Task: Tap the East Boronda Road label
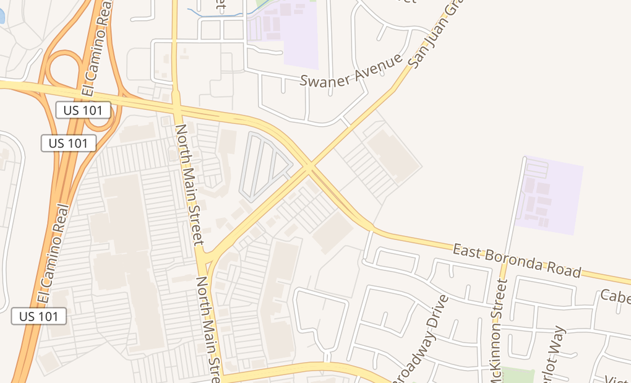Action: (517, 260)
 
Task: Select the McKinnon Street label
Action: (497, 331)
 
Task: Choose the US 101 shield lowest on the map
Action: (39, 316)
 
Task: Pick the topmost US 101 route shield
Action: (83, 110)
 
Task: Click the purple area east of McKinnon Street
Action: (549, 196)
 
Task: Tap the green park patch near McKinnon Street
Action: (517, 375)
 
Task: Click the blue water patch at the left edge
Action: (2, 15)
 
